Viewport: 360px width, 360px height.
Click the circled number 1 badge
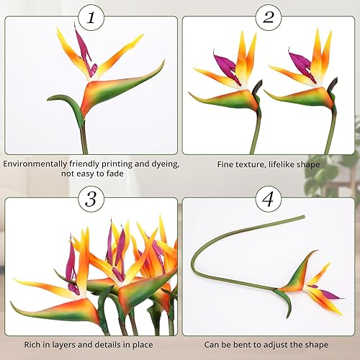[x=90, y=17]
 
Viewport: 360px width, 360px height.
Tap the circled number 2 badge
[x=268, y=17]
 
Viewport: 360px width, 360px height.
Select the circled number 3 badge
[x=90, y=198]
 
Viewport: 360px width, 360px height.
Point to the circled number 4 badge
[x=268, y=198]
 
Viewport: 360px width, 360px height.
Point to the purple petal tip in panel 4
[x=333, y=295]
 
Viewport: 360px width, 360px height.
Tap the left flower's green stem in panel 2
[x=255, y=133]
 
